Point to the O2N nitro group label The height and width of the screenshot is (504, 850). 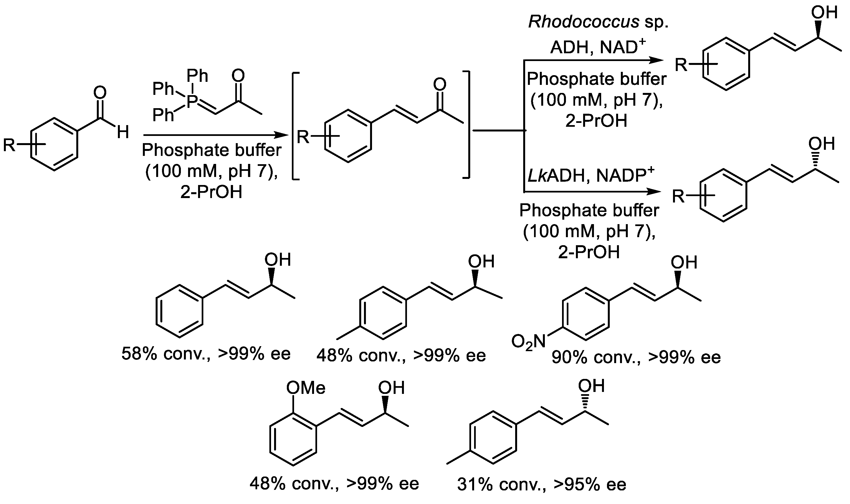[528, 342]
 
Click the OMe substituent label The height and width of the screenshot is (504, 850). [306, 388]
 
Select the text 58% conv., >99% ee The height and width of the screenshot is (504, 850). [206, 354]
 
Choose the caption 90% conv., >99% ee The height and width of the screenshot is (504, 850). [636, 357]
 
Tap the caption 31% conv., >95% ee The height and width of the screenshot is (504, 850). [541, 484]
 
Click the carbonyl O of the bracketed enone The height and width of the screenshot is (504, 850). [440, 85]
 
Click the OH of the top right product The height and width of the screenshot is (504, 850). [824, 13]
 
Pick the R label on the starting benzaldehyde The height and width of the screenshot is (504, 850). [9, 145]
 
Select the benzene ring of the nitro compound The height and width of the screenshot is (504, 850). [585, 314]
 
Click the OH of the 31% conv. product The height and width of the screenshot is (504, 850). [591, 386]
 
